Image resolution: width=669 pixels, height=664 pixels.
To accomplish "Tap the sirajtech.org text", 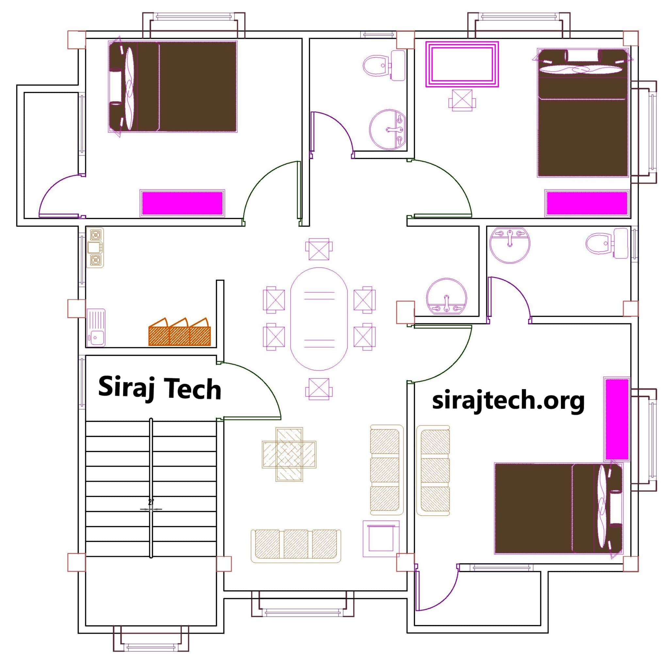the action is (508, 401).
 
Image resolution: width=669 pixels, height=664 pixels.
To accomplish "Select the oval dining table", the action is (319, 319).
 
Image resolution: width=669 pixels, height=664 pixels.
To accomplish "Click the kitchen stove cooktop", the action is (95, 247).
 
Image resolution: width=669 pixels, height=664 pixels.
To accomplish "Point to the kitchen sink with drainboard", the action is (96, 327).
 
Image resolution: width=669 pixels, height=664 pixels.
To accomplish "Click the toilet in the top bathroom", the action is (384, 65).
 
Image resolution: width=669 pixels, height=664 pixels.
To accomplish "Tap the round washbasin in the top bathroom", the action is (388, 129).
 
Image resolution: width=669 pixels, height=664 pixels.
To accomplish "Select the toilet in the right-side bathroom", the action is (606, 243).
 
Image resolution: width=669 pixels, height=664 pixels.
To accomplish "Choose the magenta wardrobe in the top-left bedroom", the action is (182, 203).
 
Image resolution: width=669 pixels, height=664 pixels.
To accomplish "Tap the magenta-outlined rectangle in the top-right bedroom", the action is (462, 64).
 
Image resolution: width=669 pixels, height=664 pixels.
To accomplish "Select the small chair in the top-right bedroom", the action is (462, 100).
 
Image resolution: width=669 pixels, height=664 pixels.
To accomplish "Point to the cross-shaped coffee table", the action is (289, 454).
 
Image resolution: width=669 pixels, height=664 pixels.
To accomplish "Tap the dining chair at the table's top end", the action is (319, 249).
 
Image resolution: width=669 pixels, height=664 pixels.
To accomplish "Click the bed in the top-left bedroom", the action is (173, 87).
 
